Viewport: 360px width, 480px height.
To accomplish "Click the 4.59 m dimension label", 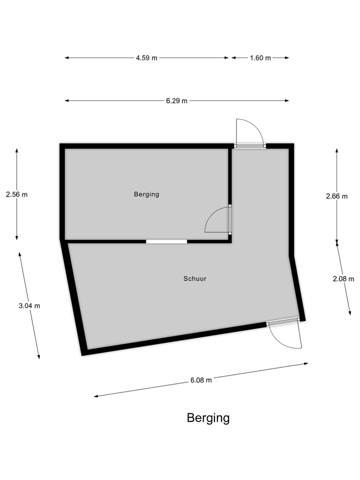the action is coord(146,58).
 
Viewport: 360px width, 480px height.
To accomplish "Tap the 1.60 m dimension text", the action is coord(260,58).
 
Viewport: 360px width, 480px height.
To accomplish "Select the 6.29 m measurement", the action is coord(176,100).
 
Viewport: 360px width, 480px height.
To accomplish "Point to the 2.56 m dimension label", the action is coord(17,194).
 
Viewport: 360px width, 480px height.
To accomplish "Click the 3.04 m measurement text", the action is coord(29,305).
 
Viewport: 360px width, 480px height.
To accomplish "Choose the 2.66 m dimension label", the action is coord(336,196).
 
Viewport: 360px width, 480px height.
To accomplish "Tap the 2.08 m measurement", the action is coord(343,278).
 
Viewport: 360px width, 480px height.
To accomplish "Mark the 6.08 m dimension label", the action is coord(201,380).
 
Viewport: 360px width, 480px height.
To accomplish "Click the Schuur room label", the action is coord(195,278).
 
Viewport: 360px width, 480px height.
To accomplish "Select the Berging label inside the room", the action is coord(146,194).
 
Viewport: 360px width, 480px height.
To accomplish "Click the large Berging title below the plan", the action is coord(208,418).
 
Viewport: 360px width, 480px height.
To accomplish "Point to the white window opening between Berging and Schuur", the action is coord(166,241).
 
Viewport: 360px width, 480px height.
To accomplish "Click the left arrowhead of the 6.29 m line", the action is coord(66,100).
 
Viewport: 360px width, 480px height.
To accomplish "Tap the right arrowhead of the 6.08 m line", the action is coord(306,363).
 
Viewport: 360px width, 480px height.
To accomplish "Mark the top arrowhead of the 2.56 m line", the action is coord(17,150).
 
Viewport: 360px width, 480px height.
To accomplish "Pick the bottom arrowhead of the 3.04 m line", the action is coord(38,356).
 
